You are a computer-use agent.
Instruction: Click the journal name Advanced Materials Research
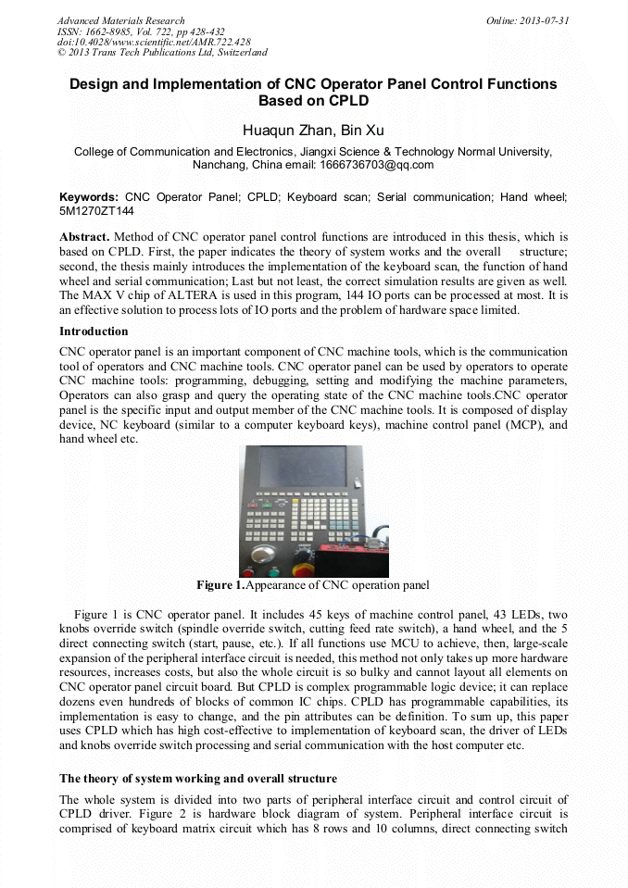(120, 20)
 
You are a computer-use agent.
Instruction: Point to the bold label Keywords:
(89, 197)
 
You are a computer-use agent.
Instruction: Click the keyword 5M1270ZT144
(94, 211)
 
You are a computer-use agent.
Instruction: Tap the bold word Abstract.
(84, 238)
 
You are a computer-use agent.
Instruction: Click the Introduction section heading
(94, 331)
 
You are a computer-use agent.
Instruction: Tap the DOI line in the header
(154, 42)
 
